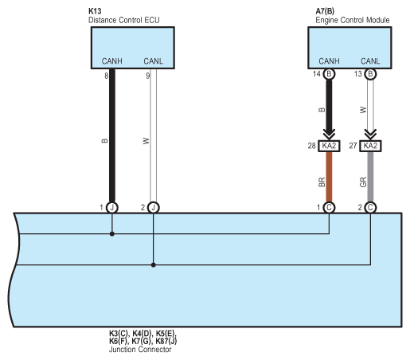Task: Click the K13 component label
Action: pyautogui.click(x=95, y=11)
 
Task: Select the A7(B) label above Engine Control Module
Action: pyautogui.click(x=325, y=11)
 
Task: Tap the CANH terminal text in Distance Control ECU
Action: pyautogui.click(x=112, y=61)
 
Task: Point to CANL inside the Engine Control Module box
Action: pyautogui.click(x=370, y=61)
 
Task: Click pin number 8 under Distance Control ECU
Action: pyautogui.click(x=107, y=76)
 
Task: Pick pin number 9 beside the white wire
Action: pyautogui.click(x=148, y=76)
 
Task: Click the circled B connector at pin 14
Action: pyautogui.click(x=329, y=74)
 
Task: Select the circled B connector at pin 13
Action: pyautogui.click(x=370, y=74)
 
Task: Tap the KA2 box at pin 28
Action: pyautogui.click(x=329, y=146)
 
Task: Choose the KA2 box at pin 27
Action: pyautogui.click(x=370, y=146)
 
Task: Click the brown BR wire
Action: pyautogui.click(x=329, y=177)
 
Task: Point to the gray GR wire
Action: pyautogui.click(x=370, y=177)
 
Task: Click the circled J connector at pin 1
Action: pyautogui.click(x=112, y=208)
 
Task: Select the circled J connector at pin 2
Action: pyautogui.click(x=154, y=208)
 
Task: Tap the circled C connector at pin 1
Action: pyautogui.click(x=329, y=208)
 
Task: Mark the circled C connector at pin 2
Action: pyautogui.click(x=370, y=208)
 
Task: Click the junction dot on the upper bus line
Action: pyautogui.click(x=112, y=234)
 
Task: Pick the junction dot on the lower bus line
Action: pyautogui.click(x=154, y=264)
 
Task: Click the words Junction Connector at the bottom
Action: pyautogui.click(x=140, y=350)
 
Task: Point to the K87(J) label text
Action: pyautogui.click(x=166, y=341)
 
